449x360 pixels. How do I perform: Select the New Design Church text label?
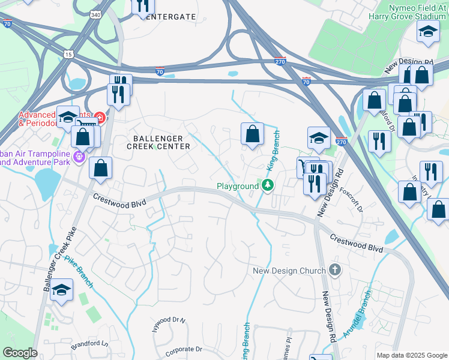tap(289, 271)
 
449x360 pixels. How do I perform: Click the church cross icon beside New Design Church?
tap(335, 271)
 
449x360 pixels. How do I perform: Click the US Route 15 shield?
tap(68, 55)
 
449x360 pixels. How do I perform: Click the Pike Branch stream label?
tap(79, 271)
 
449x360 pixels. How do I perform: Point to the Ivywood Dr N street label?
tap(167, 321)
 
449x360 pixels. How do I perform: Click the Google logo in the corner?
tap(20, 353)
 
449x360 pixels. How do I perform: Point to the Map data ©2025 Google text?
tap(411, 355)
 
